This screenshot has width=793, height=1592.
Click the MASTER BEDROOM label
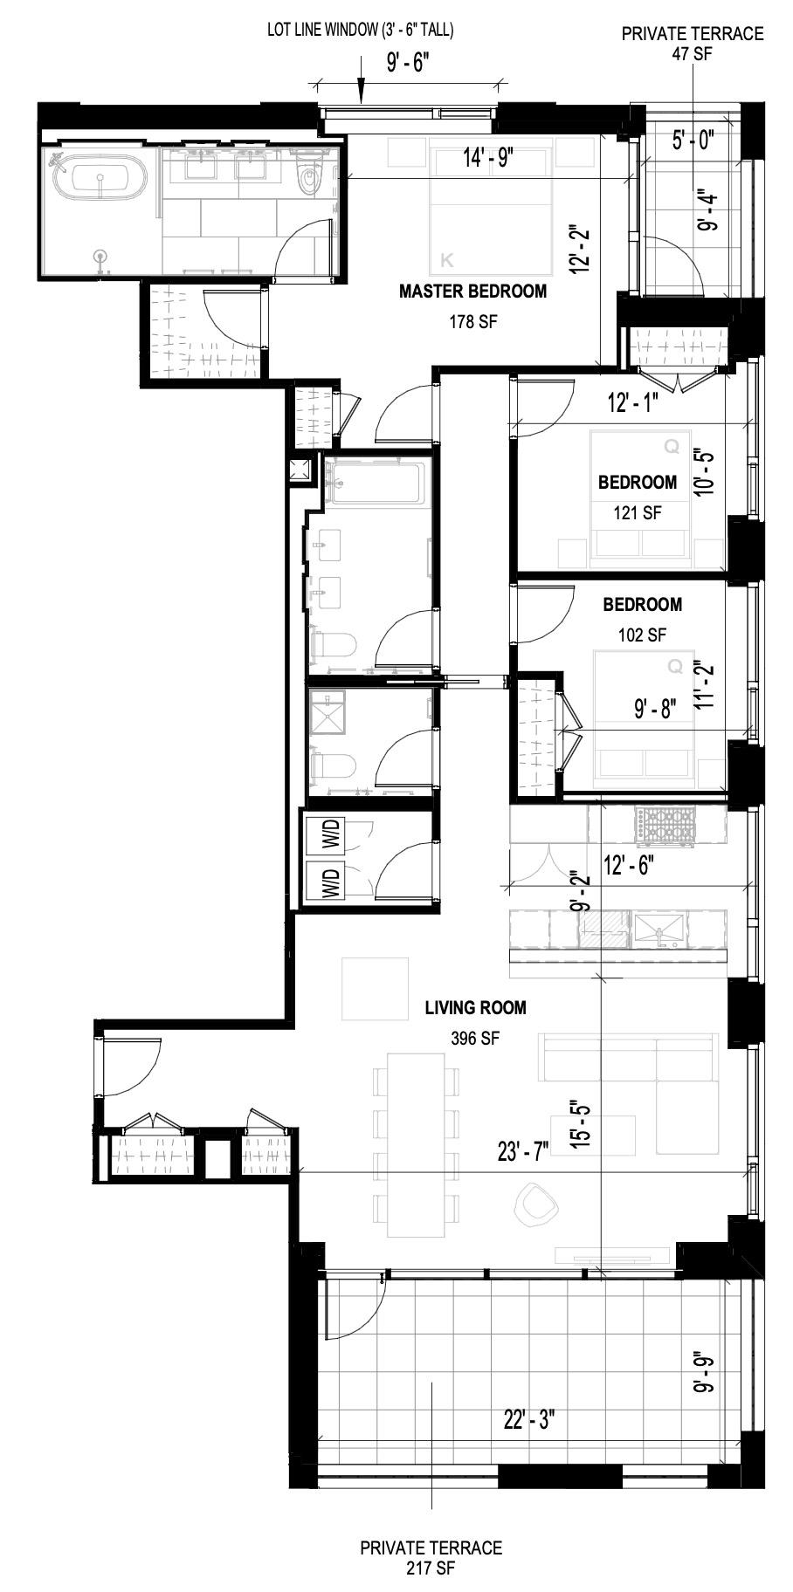coord(472,292)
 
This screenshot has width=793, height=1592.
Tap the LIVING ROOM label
coord(475,1008)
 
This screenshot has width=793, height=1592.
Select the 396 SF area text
coord(475,1039)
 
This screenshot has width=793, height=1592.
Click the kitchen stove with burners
coord(668,825)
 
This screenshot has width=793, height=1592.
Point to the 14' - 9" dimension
coord(488,158)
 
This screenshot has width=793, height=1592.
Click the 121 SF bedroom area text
coord(637,513)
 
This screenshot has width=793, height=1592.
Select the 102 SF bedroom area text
coord(642,635)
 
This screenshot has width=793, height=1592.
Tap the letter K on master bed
coord(449,259)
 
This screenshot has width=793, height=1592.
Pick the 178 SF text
coord(472,321)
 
